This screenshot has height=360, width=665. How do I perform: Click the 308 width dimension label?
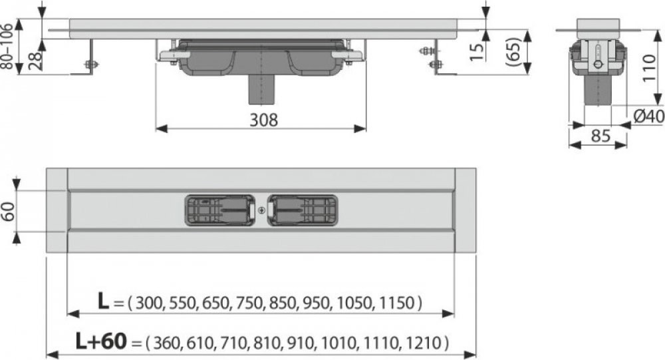tap(263, 120)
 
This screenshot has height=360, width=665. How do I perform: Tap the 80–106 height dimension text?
tap(8, 47)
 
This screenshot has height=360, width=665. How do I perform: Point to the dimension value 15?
tap(477, 51)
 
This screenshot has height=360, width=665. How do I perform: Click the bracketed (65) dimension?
tap(513, 52)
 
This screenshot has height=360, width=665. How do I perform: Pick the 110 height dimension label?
tap(648, 68)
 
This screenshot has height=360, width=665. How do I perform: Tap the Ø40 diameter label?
tap(649, 116)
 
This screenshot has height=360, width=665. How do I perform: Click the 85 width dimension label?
tap(600, 136)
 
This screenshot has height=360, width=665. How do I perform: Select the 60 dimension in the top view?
tap(9, 212)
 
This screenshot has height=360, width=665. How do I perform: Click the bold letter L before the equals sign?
tap(104, 301)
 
